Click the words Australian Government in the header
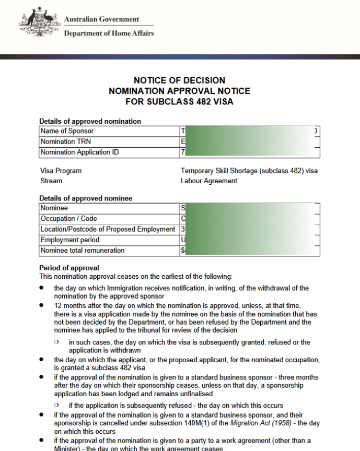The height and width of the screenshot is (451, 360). point(101,19)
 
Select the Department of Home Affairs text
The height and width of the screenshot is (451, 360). point(109,33)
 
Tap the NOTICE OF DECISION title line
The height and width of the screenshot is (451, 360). point(179,80)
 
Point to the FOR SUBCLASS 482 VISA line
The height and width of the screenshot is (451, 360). point(179,101)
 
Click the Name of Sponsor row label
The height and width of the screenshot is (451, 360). point(67,131)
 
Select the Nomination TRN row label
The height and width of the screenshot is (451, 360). point(65,141)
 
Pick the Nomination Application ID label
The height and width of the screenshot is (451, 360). point(79,152)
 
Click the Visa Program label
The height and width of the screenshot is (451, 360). point(61,171)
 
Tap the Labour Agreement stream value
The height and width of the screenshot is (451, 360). point(209,181)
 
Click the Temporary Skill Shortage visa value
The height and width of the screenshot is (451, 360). point(249,171)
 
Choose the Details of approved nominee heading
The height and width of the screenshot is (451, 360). point(86,198)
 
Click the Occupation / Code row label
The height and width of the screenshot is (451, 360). point(68,219)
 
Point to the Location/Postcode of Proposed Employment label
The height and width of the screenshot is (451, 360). point(108,229)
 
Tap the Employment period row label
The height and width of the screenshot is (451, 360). point(69,240)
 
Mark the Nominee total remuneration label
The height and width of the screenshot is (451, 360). point(82,251)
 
